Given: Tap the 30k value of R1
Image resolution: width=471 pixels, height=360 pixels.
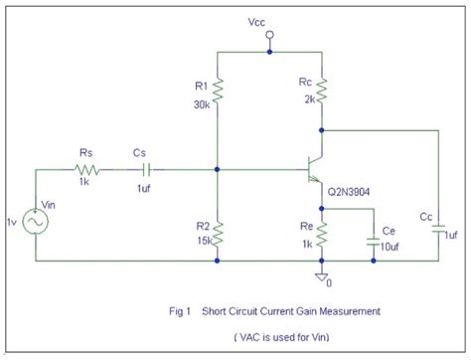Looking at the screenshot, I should click(x=199, y=103).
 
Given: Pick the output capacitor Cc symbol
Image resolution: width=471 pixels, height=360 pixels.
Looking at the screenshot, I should click(x=438, y=229).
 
